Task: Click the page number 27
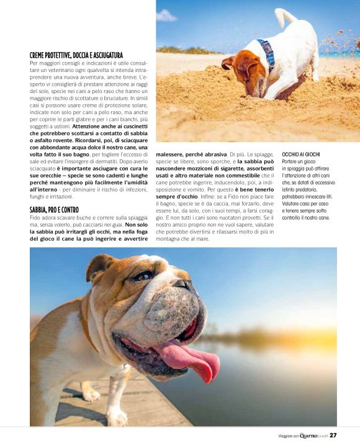coord(333,436)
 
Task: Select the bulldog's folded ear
coord(99,266)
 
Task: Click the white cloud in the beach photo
coord(167,16)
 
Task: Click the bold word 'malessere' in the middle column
coord(171,154)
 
